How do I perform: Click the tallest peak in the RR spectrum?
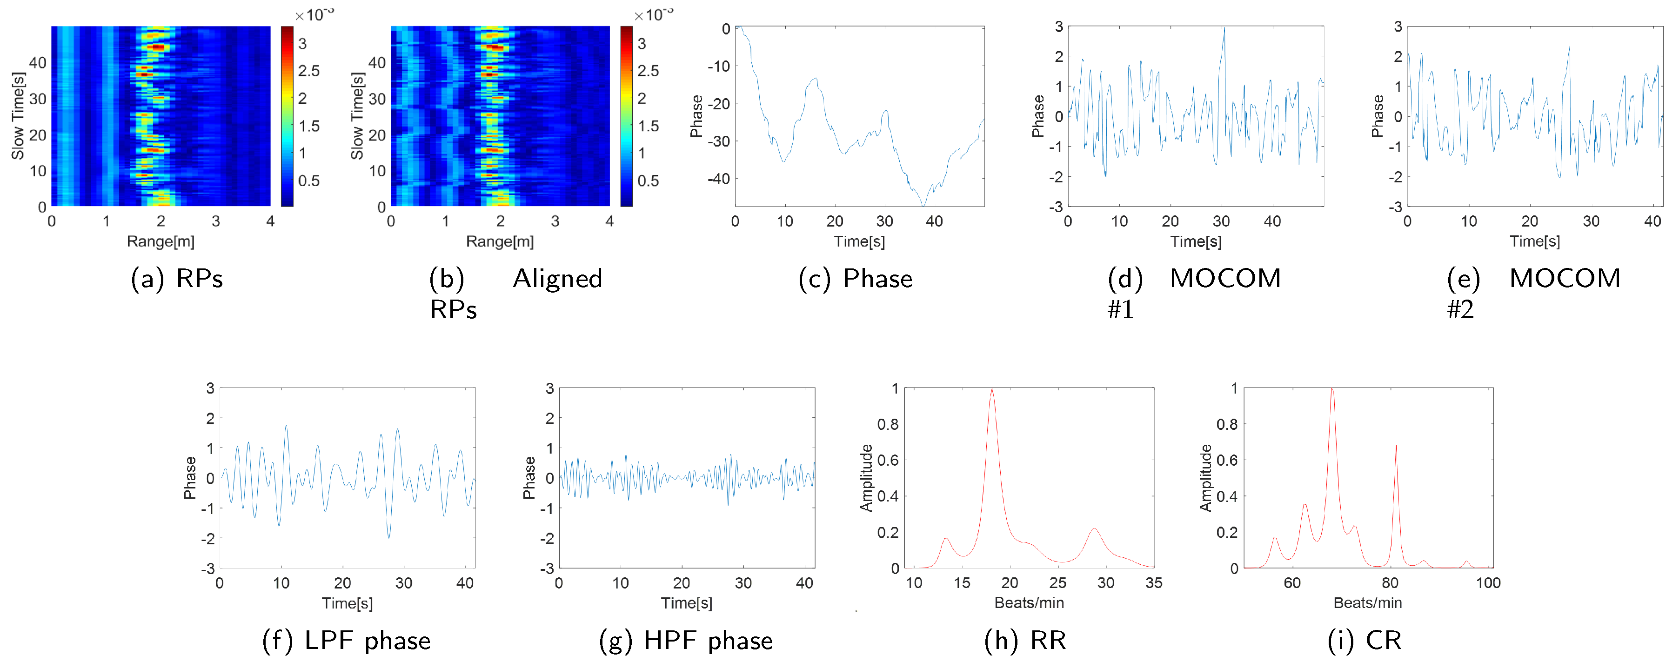[991, 391]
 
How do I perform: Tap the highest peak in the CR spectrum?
[1331, 391]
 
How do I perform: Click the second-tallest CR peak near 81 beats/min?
[1396, 448]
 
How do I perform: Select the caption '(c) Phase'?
[855, 279]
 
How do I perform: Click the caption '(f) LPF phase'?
[346, 641]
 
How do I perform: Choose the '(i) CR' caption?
[1364, 641]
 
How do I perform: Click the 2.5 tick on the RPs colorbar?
[308, 71]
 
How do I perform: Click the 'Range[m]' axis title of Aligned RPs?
[499, 242]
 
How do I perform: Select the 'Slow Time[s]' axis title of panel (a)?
[18, 116]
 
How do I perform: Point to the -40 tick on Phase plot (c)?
[718, 179]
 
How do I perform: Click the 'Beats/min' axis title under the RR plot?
[1029, 603]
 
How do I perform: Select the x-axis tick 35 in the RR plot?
[1153, 583]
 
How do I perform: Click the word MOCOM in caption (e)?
[1564, 279]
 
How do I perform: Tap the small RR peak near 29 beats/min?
[1094, 530]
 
